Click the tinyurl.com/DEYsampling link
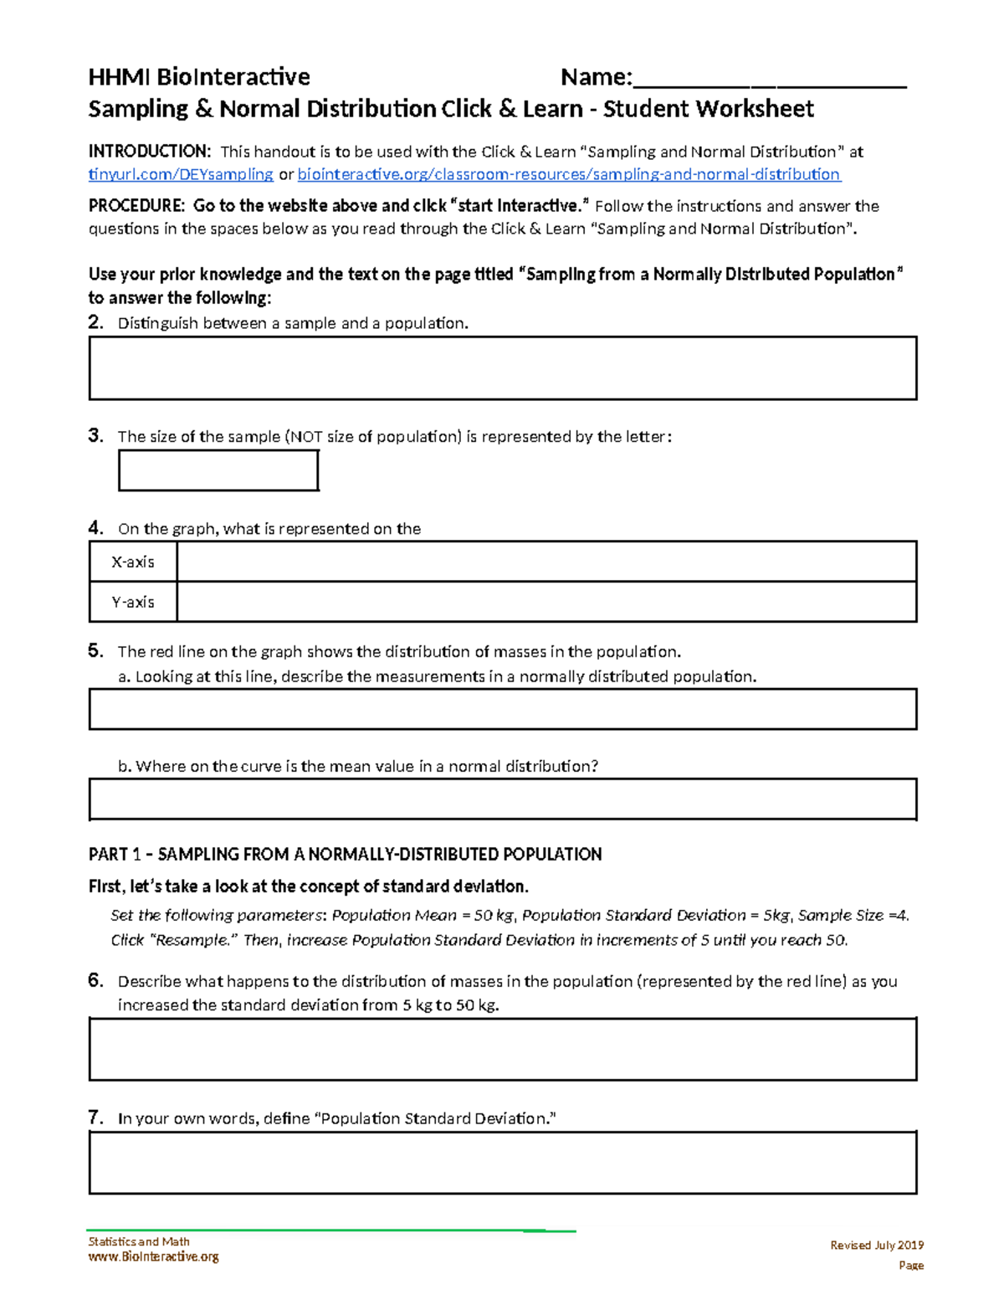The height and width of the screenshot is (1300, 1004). [181, 174]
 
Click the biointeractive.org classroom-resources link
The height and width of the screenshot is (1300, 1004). [569, 174]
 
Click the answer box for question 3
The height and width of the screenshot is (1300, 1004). [218, 470]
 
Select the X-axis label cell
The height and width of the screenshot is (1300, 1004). [133, 562]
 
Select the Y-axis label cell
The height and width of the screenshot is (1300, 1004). [133, 602]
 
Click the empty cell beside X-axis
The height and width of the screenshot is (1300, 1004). [546, 562]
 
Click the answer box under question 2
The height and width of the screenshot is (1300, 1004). [503, 368]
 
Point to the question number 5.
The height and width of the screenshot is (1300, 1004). [95, 650]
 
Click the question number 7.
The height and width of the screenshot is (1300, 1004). [95, 1118]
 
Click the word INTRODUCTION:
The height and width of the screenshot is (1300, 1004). [150, 152]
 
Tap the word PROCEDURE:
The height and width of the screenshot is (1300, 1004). [136, 206]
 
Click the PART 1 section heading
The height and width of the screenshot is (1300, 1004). [345, 855]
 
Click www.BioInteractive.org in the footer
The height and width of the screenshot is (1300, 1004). [154, 1256]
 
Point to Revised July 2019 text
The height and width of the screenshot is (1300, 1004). [876, 1245]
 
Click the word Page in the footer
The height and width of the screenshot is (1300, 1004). [910, 1265]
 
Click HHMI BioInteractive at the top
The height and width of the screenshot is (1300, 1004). [199, 77]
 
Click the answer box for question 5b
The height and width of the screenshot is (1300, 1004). [503, 799]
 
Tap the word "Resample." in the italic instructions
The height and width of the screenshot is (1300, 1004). [193, 940]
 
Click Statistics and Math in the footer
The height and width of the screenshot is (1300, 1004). [139, 1241]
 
